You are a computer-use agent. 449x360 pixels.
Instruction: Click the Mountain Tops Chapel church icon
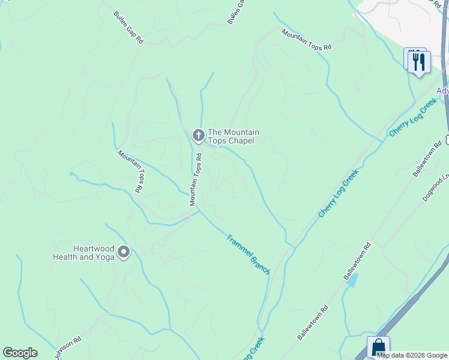click(x=198, y=136)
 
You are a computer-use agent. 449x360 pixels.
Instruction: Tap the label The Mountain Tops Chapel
click(x=233, y=136)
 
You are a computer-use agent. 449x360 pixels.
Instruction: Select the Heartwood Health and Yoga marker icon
click(x=124, y=252)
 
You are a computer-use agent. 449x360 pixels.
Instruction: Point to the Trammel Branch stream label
click(x=248, y=254)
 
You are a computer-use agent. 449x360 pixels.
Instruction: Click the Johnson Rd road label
click(x=67, y=348)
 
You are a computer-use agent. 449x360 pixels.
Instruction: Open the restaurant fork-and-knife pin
click(x=419, y=61)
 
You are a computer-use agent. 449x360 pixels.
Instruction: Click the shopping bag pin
click(x=379, y=347)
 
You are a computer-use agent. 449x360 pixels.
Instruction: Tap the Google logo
click(x=20, y=353)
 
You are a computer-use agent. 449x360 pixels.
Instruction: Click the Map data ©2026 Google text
click(x=412, y=355)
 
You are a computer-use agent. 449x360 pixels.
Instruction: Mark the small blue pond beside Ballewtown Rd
click(x=354, y=280)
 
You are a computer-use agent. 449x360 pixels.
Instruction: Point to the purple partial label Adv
click(x=442, y=91)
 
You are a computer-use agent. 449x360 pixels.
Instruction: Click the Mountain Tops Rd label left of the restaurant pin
click(x=306, y=40)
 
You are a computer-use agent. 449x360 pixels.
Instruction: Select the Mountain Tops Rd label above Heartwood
click(x=130, y=171)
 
